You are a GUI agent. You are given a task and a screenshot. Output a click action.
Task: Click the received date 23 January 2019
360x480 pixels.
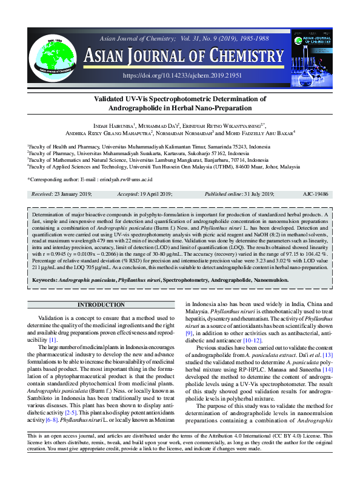(x=72, y=194)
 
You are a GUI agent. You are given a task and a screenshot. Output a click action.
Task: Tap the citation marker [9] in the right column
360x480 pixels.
(x=189, y=333)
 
